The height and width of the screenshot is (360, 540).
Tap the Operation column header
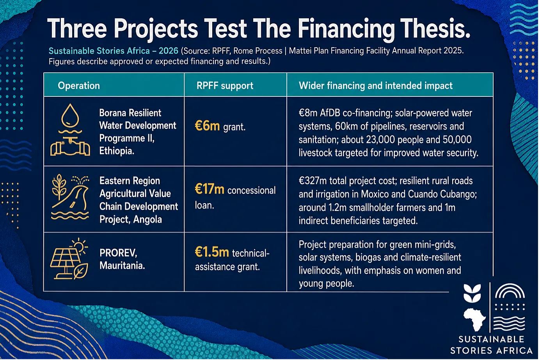(79, 86)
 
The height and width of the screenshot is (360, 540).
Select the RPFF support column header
(225, 86)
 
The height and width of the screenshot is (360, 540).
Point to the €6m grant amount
(207, 126)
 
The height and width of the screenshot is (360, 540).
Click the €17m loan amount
(210, 189)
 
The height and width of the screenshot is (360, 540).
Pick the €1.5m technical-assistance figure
(212, 252)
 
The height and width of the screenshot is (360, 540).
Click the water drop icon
(70, 116)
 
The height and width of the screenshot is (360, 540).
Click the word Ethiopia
(117, 151)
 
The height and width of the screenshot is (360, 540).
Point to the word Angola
(147, 219)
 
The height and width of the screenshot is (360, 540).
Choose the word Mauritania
(122, 266)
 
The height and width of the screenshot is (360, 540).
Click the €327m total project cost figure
(313, 181)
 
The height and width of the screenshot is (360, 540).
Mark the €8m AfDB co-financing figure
(307, 113)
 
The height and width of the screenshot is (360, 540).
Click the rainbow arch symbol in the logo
(510, 291)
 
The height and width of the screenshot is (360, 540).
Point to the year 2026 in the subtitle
(168, 51)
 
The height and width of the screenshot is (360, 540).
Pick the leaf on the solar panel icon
(81, 271)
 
